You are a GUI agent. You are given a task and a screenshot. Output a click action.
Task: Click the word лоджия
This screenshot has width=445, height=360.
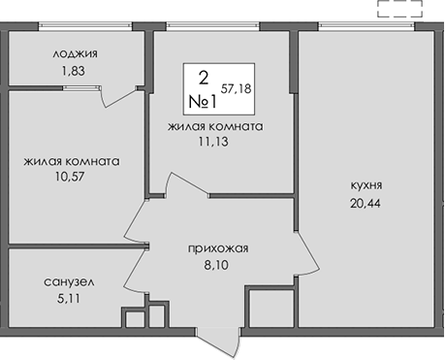pyautogui.click(x=77, y=53)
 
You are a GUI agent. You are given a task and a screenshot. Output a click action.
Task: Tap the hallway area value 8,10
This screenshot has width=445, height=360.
pyautogui.click(x=219, y=264)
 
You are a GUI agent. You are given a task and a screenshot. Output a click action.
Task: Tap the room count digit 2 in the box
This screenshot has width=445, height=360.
pyautogui.click(x=204, y=78)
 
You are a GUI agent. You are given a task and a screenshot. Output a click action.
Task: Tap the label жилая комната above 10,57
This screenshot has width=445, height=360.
pyautogui.click(x=74, y=162)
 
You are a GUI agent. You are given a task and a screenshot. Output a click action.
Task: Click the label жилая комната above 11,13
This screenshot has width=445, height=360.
pyautogui.click(x=215, y=126)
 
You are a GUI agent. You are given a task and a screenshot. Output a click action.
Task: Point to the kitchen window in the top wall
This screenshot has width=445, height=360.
pyautogui.click(x=366, y=26)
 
